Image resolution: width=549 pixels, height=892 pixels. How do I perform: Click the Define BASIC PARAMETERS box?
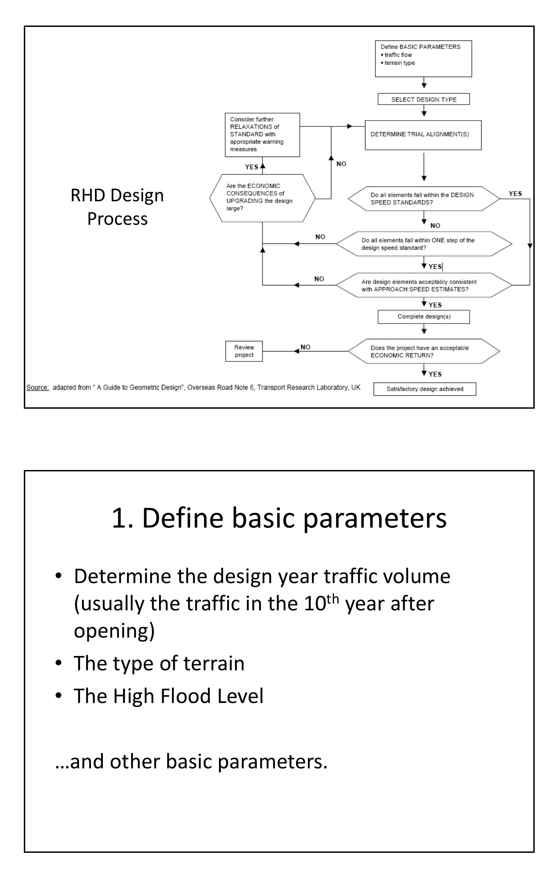pos(423,59)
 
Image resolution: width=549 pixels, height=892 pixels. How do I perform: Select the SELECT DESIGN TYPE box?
pos(423,99)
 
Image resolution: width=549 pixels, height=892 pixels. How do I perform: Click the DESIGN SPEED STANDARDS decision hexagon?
pos(423,199)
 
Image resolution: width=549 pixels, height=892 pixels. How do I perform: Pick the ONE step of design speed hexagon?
pos(423,244)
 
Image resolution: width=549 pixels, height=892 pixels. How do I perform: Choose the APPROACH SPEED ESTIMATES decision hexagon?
pos(423,285)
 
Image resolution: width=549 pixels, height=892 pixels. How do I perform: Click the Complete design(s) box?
pos(423,316)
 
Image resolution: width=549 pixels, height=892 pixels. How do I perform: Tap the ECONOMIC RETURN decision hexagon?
pos(423,351)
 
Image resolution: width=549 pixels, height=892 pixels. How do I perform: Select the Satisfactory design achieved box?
pos(424,389)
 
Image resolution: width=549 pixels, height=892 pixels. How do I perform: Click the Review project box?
pos(244,351)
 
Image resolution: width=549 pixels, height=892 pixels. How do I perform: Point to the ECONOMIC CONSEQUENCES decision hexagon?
pos(262,198)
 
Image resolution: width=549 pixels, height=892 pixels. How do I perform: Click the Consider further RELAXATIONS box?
pos(262,135)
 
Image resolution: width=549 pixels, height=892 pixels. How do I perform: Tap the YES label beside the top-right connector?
pos(515,193)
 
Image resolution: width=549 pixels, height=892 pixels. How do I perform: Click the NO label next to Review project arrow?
pos(305,347)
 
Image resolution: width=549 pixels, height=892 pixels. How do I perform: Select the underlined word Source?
pos(37,387)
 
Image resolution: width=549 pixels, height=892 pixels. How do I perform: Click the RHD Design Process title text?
pos(117,207)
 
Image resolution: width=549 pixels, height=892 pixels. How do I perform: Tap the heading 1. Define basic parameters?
pos(279,518)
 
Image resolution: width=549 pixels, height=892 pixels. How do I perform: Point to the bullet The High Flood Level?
pos(169,696)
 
